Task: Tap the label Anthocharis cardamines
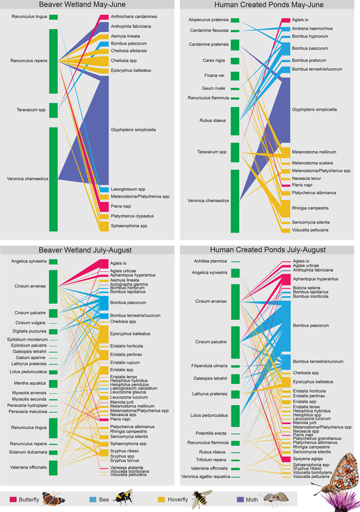coord(133,16)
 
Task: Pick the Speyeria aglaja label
coord(307,459)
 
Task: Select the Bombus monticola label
coord(310,296)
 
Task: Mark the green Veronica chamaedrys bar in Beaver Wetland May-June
coord(53,179)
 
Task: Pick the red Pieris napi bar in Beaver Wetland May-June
coord(103,206)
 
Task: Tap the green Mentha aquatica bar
coord(53,383)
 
